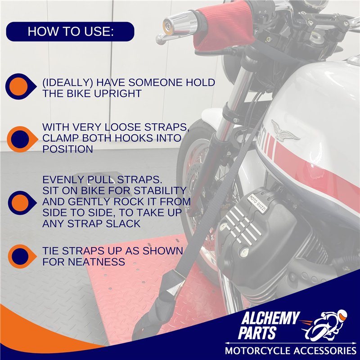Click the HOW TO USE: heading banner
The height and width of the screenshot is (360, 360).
tap(70, 31)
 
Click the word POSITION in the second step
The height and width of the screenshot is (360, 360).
tap(68, 149)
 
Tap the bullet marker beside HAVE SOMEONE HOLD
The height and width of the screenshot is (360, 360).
tap(20, 86)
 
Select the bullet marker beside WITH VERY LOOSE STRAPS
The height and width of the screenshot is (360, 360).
tap(22, 139)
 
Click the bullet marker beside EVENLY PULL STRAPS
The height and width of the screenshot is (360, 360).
tap(22, 203)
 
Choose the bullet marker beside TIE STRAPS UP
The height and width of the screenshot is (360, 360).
tap(22, 256)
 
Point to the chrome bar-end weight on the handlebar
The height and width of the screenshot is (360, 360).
tap(180, 23)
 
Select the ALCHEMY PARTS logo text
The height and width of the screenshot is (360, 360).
tap(269, 325)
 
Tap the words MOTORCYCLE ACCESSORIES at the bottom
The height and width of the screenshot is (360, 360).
tap(290, 351)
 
